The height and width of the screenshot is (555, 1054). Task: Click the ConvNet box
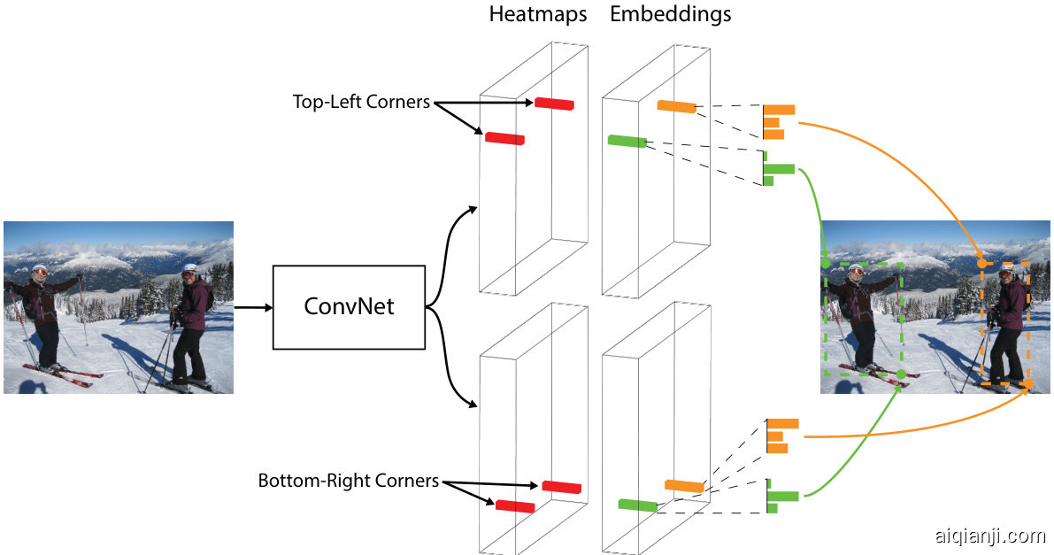(349, 307)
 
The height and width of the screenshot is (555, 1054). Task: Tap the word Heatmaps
(537, 15)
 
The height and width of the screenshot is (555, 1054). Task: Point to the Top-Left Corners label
(361, 102)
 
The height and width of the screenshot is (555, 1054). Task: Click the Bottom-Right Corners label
(348, 482)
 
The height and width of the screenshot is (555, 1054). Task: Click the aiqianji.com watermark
(989, 536)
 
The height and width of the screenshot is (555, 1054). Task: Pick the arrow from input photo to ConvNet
(253, 307)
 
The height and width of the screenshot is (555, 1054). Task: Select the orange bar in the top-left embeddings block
(677, 107)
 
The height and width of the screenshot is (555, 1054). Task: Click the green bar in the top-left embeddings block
(627, 141)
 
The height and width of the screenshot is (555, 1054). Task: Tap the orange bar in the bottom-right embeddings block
(684, 486)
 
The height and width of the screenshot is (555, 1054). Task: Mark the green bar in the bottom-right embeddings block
(638, 505)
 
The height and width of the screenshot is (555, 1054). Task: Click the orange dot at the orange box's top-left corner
(982, 263)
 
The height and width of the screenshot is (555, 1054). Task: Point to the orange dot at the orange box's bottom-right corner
(1028, 383)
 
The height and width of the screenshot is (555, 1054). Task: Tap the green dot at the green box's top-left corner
(826, 263)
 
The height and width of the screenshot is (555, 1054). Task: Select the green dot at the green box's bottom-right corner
(900, 374)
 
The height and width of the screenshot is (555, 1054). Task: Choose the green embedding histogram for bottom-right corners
(781, 496)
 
